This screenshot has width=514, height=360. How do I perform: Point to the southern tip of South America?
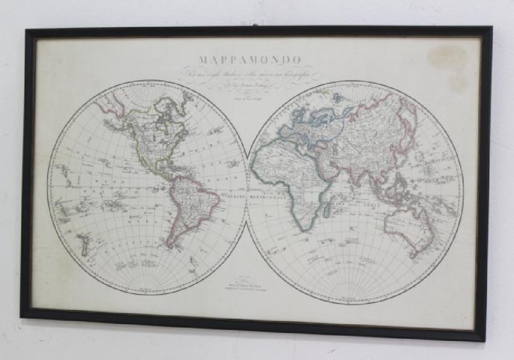171,245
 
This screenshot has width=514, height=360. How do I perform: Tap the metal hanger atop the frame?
255,24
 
